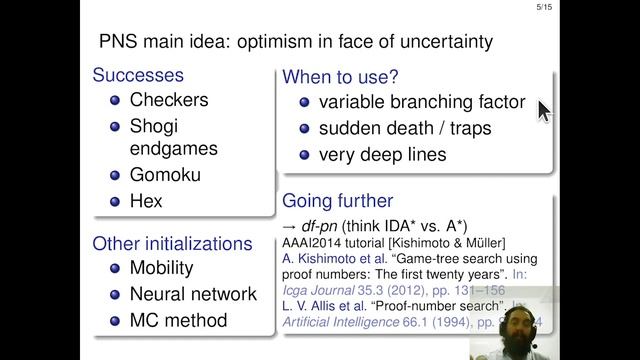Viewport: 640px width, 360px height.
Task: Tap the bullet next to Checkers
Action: click(114, 100)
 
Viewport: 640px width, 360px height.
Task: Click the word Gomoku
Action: click(165, 175)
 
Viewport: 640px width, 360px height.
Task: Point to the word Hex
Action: click(145, 201)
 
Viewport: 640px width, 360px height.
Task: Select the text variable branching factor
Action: click(421, 102)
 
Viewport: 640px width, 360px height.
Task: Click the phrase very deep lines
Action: click(382, 155)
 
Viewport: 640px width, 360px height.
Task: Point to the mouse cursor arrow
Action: click(543, 110)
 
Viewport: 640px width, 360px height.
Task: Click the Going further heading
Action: click(338, 200)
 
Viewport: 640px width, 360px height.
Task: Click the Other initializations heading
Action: click(172, 243)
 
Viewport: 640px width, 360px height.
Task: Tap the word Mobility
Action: click(165, 268)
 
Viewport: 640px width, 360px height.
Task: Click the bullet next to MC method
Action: click(114, 320)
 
